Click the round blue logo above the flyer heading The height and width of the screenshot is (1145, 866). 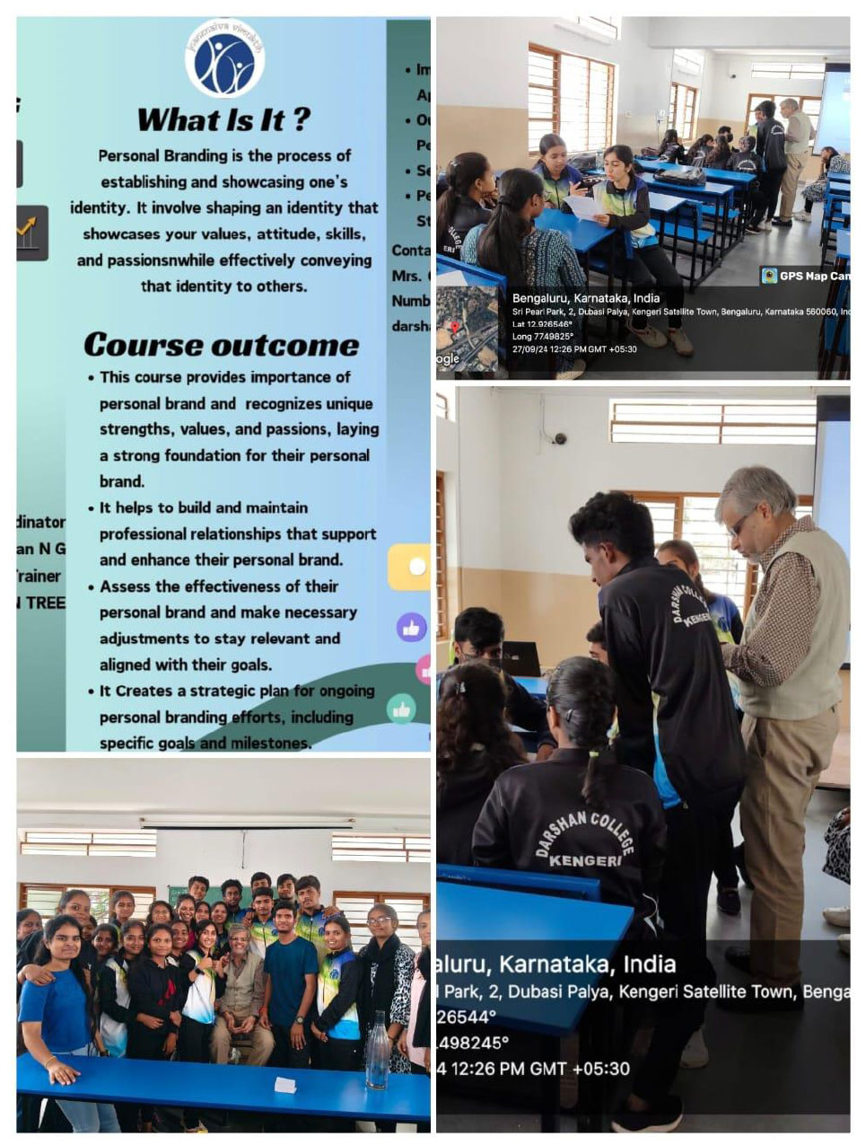tap(224, 58)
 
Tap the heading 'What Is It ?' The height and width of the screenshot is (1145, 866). tap(223, 119)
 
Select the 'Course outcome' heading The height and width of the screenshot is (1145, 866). tap(221, 345)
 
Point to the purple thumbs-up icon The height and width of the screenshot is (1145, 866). tap(411, 628)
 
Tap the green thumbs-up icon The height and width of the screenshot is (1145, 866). tap(401, 709)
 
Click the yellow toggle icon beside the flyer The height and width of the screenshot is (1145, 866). tap(410, 567)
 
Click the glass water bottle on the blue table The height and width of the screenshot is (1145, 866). tap(378, 1050)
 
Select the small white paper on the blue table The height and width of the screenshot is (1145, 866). tap(285, 1085)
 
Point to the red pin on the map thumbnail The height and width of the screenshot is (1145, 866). tap(454, 328)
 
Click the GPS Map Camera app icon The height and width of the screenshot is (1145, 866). tap(769, 276)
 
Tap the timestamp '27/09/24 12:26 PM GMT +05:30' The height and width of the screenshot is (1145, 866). tap(574, 348)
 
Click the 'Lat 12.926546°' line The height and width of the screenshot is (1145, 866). tap(542, 324)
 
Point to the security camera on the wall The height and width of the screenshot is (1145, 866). tap(559, 438)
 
